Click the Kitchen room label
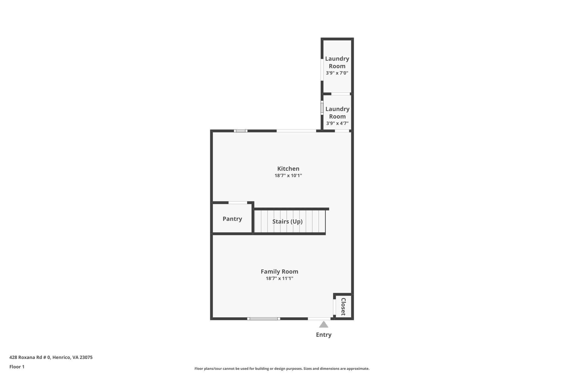[x=288, y=169]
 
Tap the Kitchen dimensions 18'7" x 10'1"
[x=288, y=175]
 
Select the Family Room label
[x=279, y=272]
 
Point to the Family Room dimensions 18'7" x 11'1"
[x=279, y=278]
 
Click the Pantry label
[x=232, y=219]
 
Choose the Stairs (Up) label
[x=287, y=221]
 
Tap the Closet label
[x=343, y=307]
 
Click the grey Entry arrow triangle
[x=324, y=325]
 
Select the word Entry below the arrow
[x=324, y=335]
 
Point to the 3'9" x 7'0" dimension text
[x=337, y=73]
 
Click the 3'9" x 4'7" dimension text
[x=337, y=123]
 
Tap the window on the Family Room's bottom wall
[x=264, y=319]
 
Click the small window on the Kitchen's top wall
[x=240, y=131]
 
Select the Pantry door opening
[x=238, y=203]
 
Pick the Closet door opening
[x=334, y=307]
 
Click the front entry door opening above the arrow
[x=319, y=319]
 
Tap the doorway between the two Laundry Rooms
[x=340, y=94]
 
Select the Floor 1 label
[x=17, y=367]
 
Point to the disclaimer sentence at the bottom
[x=282, y=369]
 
